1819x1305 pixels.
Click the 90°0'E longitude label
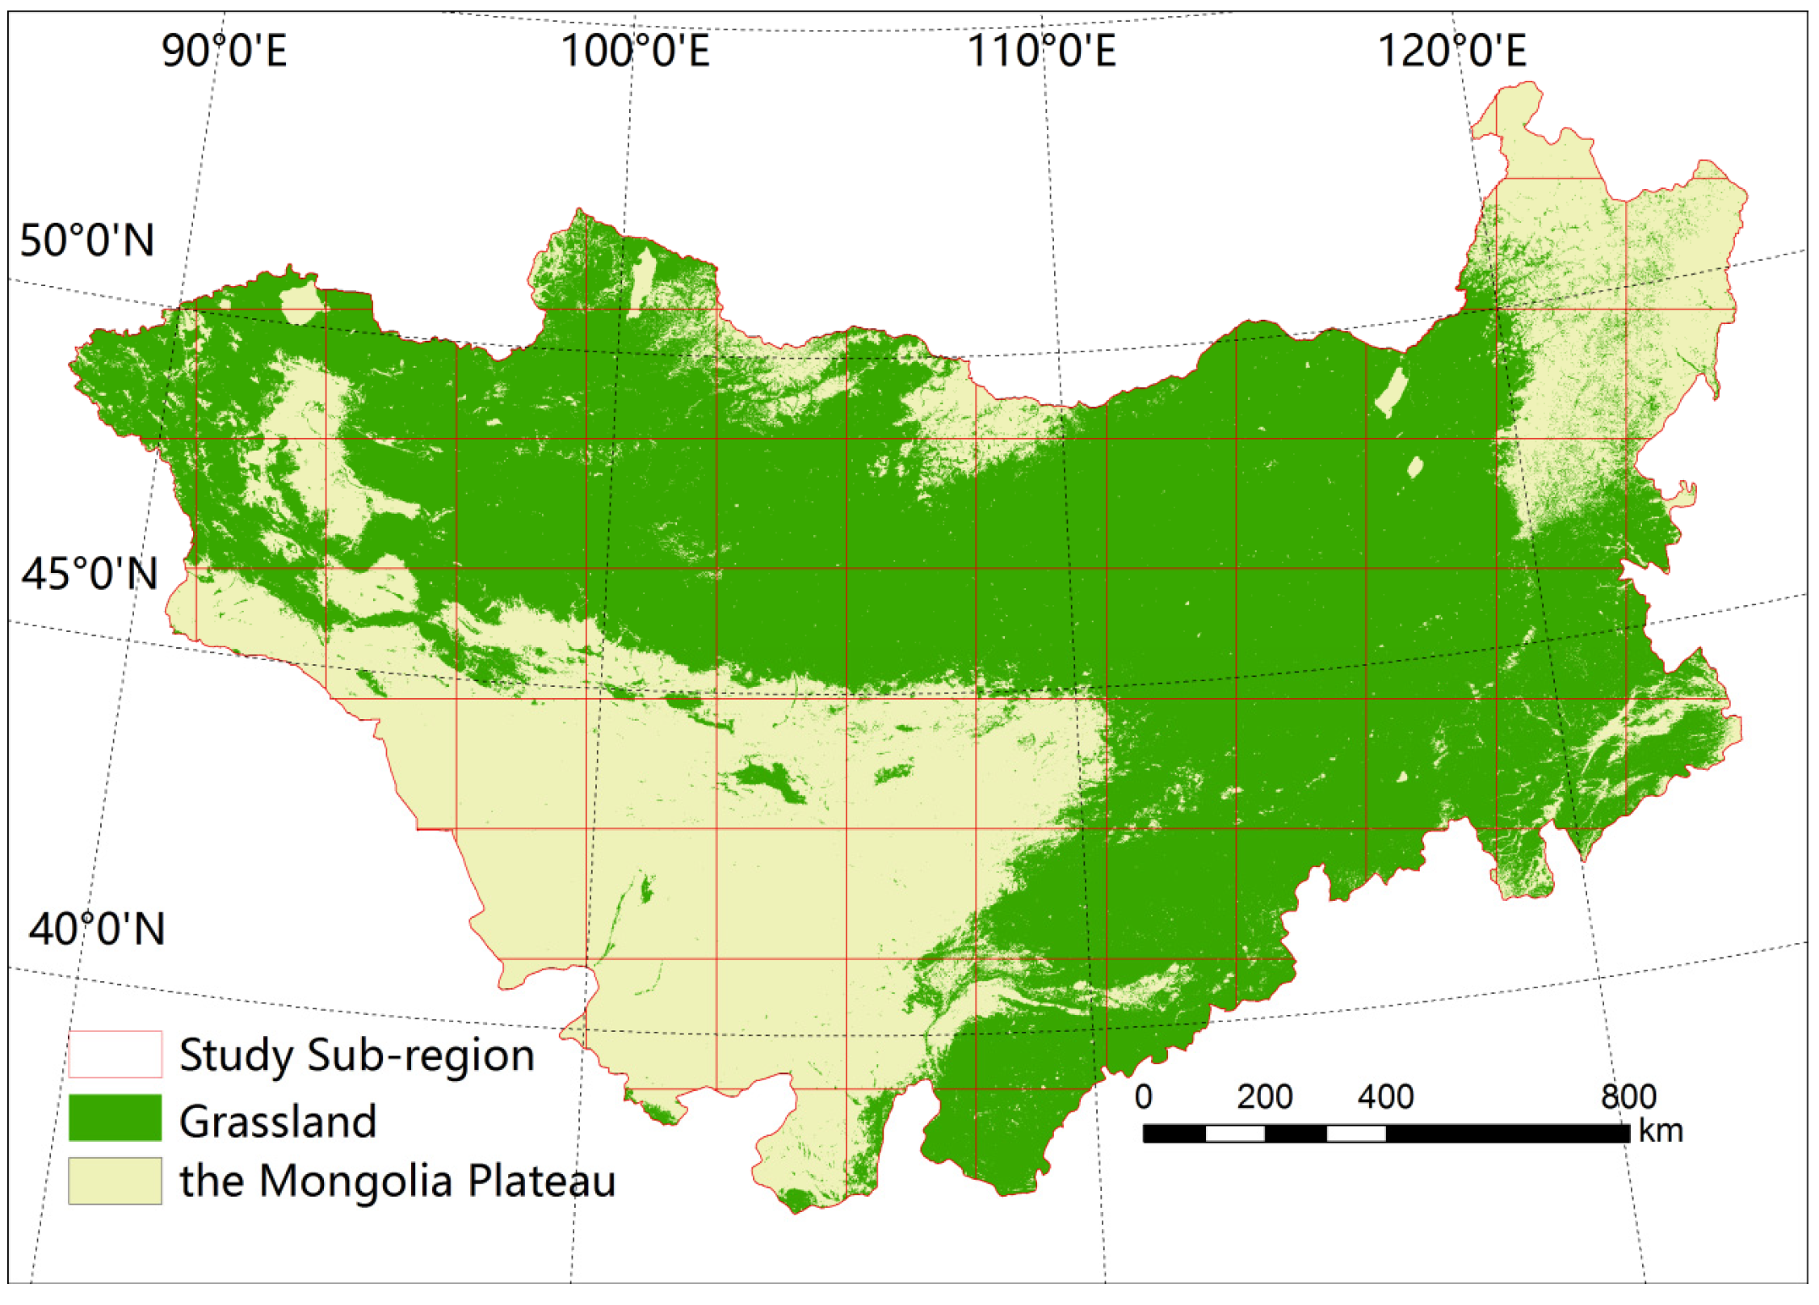(224, 50)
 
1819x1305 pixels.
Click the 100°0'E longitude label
(635, 50)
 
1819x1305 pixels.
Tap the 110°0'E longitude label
(1041, 50)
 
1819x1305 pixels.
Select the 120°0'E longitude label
(1451, 50)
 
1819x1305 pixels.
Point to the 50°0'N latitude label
(86, 240)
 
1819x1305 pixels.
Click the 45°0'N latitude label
(89, 574)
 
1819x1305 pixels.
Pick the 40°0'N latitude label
(96, 928)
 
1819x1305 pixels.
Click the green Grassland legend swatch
(115, 1118)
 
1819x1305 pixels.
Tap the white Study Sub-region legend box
(115, 1054)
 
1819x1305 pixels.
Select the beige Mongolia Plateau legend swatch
(115, 1181)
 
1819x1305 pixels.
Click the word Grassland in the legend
(278, 1121)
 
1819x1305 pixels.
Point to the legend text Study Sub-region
(356, 1055)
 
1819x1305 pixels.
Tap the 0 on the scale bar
(1143, 1097)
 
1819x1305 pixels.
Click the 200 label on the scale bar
(1265, 1097)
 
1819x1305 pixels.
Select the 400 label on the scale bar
(1385, 1097)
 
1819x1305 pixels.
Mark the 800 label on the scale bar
(1628, 1097)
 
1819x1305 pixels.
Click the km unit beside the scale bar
(1661, 1130)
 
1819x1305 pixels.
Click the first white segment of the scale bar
(1234, 1133)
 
